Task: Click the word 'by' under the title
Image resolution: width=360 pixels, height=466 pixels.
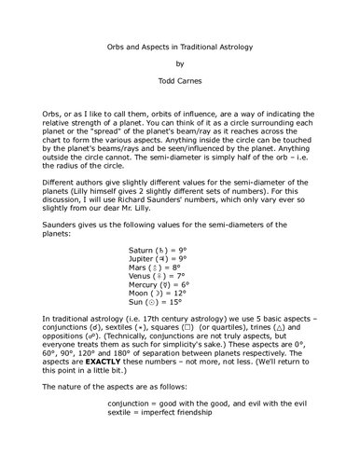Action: (180, 65)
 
